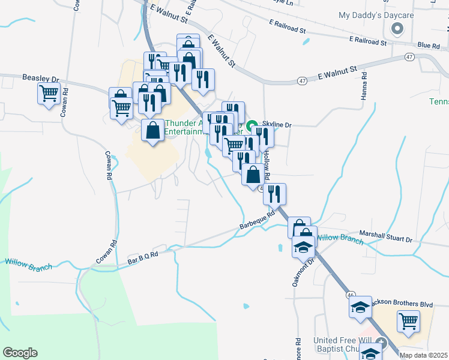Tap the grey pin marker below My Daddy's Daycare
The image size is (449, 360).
(x=396, y=29)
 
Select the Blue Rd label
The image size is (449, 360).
(x=428, y=45)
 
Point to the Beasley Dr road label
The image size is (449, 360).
(x=40, y=78)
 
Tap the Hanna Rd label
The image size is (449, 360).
(x=364, y=90)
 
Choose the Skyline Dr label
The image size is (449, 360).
(x=277, y=125)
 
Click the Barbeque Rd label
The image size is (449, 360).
(x=256, y=221)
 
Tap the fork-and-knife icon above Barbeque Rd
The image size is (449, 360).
(x=274, y=193)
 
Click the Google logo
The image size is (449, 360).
(x=20, y=352)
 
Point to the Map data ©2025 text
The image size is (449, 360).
(x=423, y=355)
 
